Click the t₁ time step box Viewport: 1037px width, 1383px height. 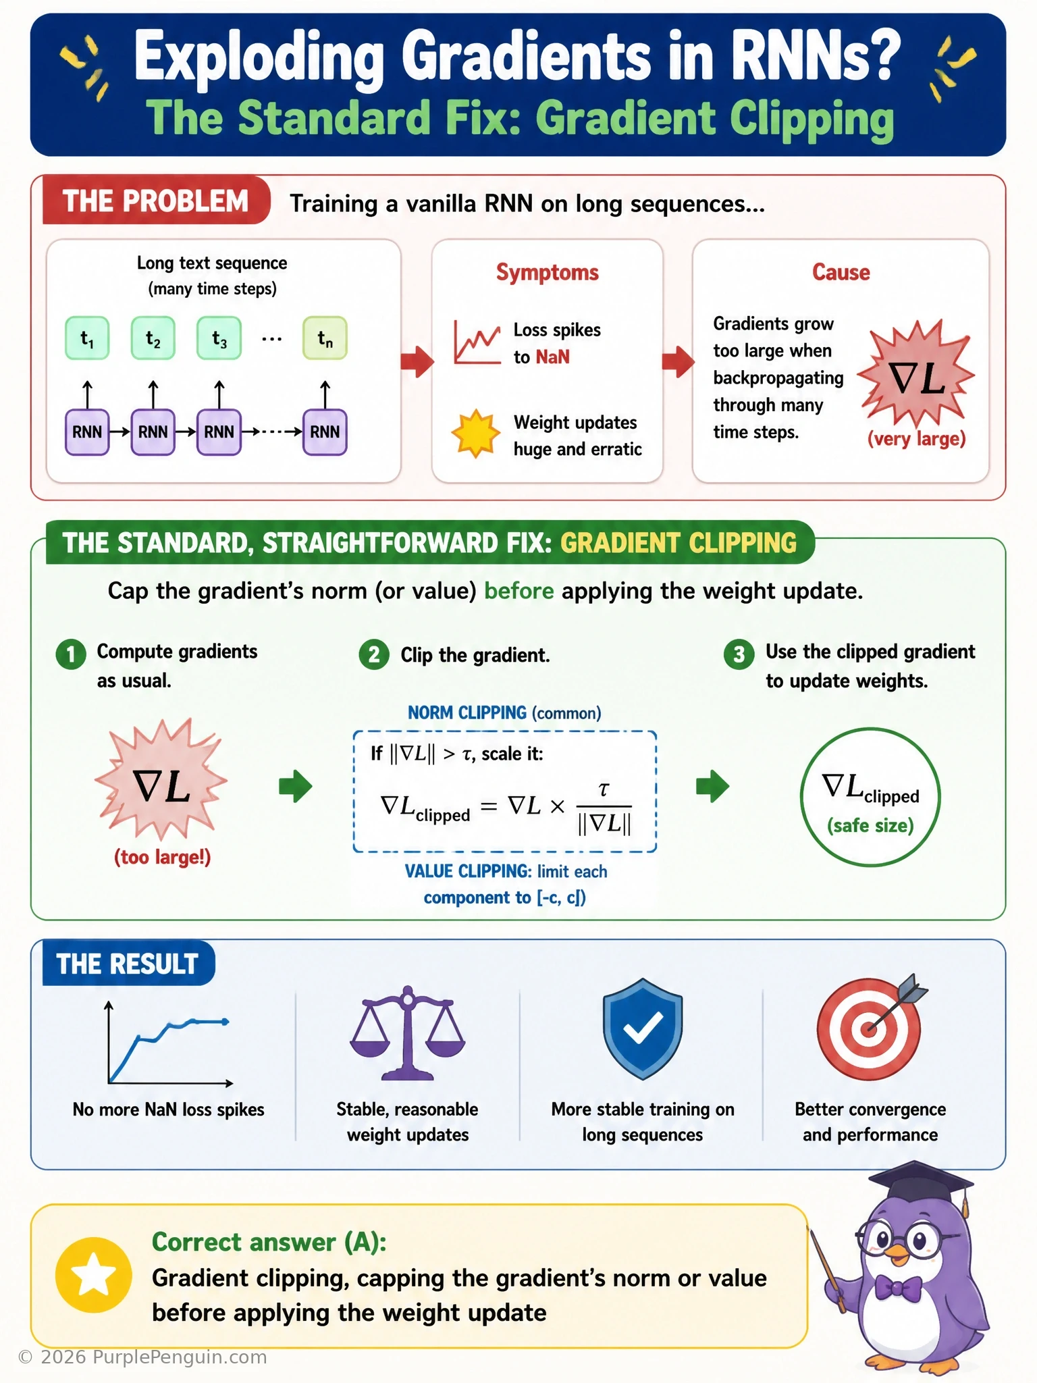tap(87, 338)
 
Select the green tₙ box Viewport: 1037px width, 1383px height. tap(325, 338)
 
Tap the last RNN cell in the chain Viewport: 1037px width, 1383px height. tap(325, 432)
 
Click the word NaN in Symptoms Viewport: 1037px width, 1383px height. tap(552, 357)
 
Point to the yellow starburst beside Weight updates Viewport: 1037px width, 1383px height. tap(476, 434)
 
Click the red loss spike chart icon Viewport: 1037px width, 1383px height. tap(477, 342)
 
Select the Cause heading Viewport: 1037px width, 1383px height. tap(841, 272)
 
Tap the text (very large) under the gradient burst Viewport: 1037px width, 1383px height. tap(916, 439)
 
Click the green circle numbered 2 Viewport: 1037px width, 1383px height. tap(374, 654)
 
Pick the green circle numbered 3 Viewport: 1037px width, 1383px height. tap(739, 654)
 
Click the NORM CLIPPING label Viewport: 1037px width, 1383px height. tap(467, 712)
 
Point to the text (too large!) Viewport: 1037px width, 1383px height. tap(162, 858)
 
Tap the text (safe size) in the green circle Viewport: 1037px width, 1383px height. tap(870, 825)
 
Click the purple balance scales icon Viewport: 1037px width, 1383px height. tap(408, 1034)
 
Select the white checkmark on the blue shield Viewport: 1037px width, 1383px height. tap(643, 1028)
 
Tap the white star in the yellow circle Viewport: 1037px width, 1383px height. tap(93, 1275)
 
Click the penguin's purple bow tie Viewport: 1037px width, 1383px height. tap(899, 1288)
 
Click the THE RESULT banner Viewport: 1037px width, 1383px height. tap(128, 964)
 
